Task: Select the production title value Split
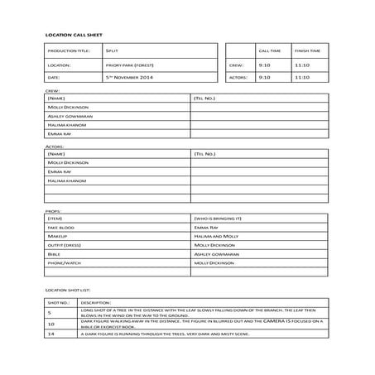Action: [x=113, y=50]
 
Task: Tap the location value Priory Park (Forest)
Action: [x=130, y=65]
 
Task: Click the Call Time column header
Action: [x=269, y=50]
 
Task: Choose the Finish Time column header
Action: [x=304, y=50]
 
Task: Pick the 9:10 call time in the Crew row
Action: [x=264, y=65]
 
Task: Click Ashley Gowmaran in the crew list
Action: [x=70, y=116]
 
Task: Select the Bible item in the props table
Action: [x=54, y=254]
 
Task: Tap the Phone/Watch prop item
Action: [x=64, y=263]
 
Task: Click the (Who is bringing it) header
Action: [x=217, y=218]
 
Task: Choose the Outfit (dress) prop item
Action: [x=65, y=245]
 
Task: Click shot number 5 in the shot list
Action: [x=50, y=313]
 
